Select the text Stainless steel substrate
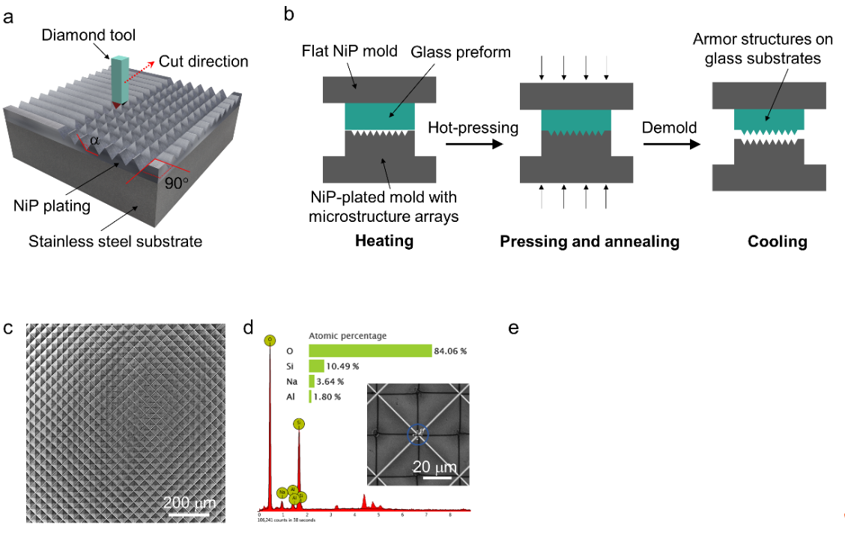(115, 241)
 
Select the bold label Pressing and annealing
(589, 241)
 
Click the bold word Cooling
(777, 241)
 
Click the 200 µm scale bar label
(187, 502)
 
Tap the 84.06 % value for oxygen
(450, 350)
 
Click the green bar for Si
(316, 366)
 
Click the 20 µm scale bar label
(432, 467)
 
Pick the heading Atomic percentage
(348, 335)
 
